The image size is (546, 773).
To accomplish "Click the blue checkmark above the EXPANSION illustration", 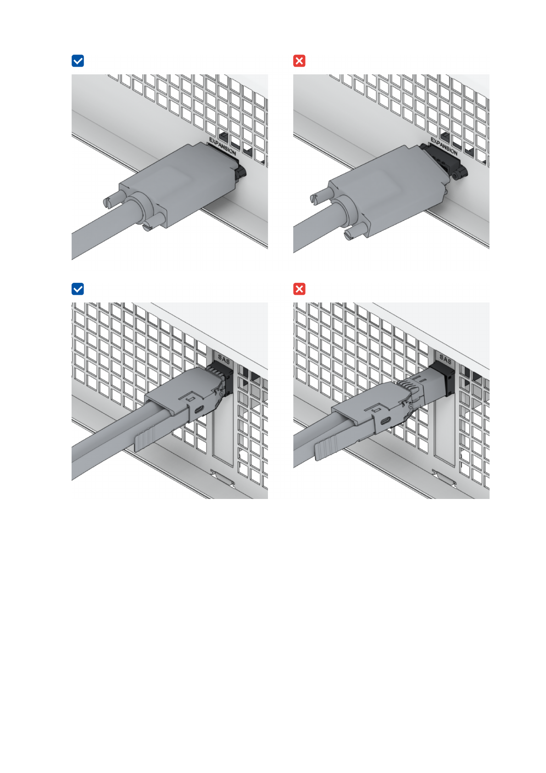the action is pyautogui.click(x=78, y=61).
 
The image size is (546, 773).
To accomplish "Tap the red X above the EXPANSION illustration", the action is pyautogui.click(x=299, y=61).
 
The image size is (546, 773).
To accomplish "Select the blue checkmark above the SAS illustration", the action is pyautogui.click(x=78, y=289).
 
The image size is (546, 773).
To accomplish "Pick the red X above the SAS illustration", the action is pyautogui.click(x=299, y=289).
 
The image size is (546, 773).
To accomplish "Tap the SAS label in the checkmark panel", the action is pyautogui.click(x=224, y=359).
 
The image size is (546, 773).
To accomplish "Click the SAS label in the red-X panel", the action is pyautogui.click(x=445, y=359).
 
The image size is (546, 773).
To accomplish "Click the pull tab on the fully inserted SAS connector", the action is pyautogui.click(x=145, y=440).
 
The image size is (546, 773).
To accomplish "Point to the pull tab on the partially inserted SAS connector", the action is pyautogui.click(x=326, y=448).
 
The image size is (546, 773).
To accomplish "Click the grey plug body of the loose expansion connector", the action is pyautogui.click(x=386, y=190).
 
